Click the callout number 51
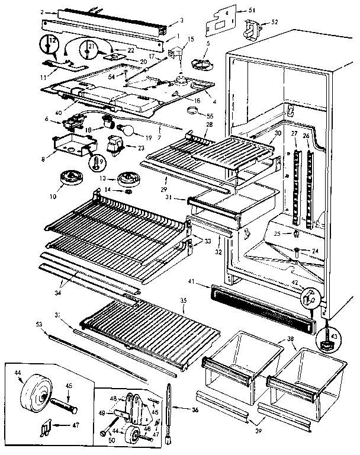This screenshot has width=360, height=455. (252, 9)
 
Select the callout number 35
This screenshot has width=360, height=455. (184, 301)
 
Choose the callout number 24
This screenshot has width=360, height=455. (315, 251)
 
